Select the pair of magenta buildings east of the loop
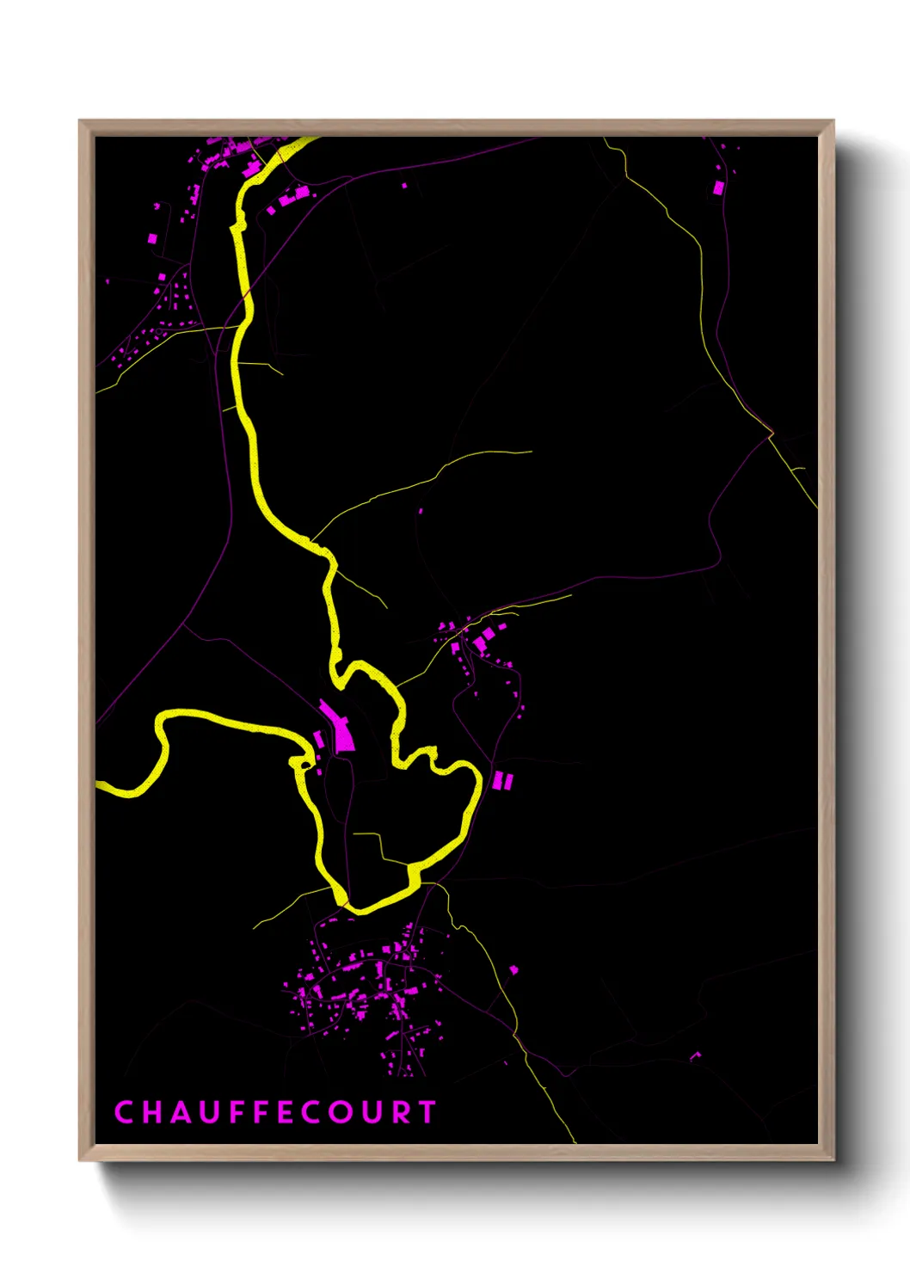[x=502, y=781]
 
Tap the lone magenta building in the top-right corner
[x=718, y=187]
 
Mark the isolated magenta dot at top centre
[x=405, y=184]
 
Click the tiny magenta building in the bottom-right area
[x=695, y=1055]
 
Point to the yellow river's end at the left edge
[x=99, y=784]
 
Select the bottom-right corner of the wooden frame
[x=833, y=1159]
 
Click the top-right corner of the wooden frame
[x=833, y=122]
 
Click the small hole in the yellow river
[x=303, y=764]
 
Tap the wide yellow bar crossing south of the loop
[x=413, y=874]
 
